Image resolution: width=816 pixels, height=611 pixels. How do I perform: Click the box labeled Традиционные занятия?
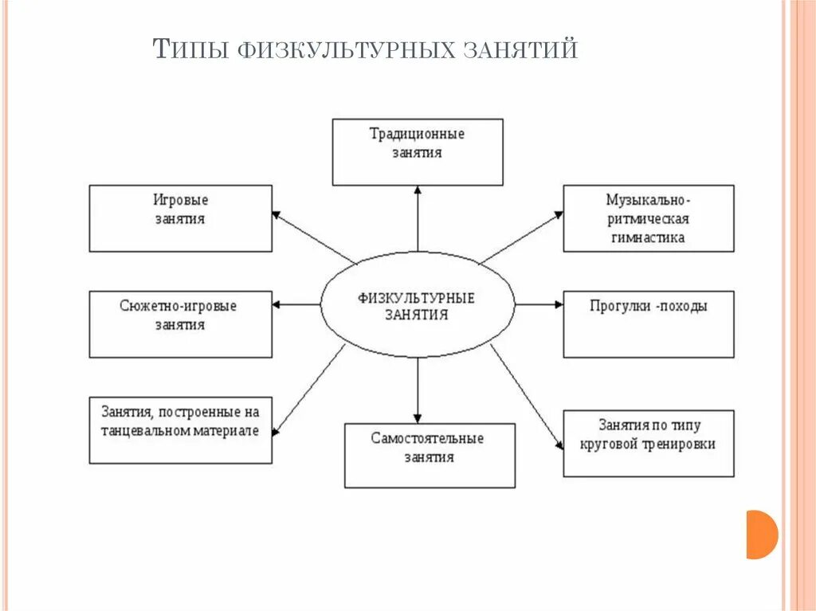[417, 151]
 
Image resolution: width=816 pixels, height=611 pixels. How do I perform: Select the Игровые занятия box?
[180, 218]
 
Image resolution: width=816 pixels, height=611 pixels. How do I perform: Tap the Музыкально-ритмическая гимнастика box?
[648, 218]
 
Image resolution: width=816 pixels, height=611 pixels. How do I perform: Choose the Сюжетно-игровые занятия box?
[180, 323]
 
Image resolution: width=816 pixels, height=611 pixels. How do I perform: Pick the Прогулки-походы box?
[648, 323]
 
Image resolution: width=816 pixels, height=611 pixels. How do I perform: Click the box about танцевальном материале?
[180, 430]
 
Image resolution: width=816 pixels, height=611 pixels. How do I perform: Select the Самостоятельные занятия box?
[430, 455]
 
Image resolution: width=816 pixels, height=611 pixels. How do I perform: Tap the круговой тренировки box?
[648, 443]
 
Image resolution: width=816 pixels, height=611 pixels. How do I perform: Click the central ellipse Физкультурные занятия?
[417, 304]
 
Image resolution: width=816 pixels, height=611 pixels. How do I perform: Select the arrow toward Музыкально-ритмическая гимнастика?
[522, 237]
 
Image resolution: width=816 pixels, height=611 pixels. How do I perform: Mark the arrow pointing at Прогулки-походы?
[539, 304]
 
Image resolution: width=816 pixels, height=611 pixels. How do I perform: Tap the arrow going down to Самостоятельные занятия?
[417, 390]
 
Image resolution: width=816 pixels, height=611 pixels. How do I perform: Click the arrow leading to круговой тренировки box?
[526, 398]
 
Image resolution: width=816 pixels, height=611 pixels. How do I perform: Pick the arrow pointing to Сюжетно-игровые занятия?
[296, 304]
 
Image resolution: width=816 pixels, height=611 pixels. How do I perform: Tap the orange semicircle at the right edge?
[760, 534]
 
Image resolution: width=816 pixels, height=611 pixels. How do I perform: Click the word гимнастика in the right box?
[649, 237]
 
